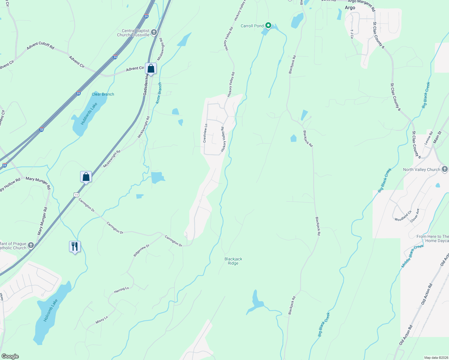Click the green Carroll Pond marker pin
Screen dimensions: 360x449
268,25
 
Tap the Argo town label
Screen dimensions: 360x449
350,8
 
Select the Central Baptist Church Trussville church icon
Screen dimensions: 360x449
154,32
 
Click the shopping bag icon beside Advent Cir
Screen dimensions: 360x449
151,69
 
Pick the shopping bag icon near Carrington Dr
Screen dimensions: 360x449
86,177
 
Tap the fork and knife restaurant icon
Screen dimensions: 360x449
75,247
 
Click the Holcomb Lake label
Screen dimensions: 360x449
50,310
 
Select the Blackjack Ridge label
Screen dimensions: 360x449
233,261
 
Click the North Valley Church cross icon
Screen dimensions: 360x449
444,169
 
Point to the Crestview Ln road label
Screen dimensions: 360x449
205,133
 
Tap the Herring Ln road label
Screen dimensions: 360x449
121,290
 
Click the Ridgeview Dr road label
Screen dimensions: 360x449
141,250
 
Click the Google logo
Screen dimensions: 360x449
10,356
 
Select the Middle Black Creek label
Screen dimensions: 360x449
412,256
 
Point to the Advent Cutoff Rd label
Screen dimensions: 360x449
41,46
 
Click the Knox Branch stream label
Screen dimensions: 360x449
159,93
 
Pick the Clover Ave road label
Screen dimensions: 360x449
414,215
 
